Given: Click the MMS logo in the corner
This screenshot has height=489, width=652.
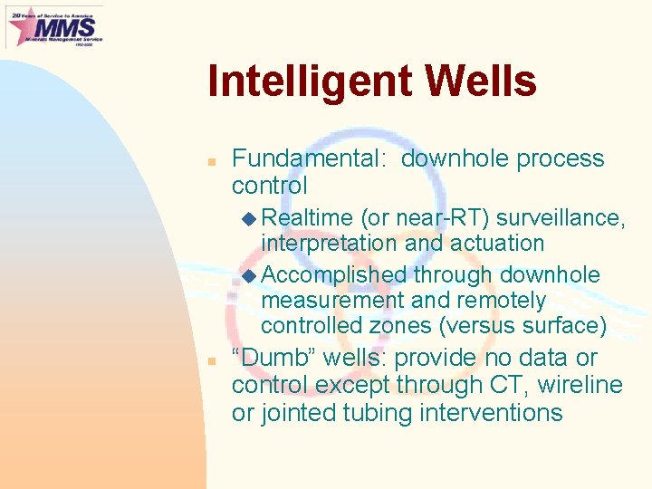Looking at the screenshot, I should point(53,26).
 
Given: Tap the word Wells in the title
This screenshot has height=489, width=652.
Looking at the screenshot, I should point(481,81).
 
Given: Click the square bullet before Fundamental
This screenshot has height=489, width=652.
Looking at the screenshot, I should point(209,160).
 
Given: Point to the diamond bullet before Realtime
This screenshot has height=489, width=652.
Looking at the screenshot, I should point(250,218).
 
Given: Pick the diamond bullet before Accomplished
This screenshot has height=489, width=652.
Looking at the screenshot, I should point(250,275).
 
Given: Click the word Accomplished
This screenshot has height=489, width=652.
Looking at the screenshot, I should point(334,274).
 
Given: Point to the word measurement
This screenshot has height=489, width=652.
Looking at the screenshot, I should point(331,300).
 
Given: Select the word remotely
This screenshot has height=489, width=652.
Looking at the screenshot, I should point(502,300).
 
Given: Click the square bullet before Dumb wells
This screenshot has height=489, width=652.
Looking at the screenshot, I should point(209,360).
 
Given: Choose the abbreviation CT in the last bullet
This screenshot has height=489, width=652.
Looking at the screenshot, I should point(507,386).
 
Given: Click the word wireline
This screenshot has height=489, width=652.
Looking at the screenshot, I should point(580,386).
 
